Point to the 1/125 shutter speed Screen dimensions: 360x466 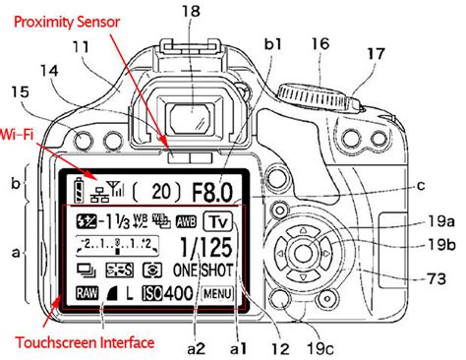point(211,247)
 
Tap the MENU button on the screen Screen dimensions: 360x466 point(217,292)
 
